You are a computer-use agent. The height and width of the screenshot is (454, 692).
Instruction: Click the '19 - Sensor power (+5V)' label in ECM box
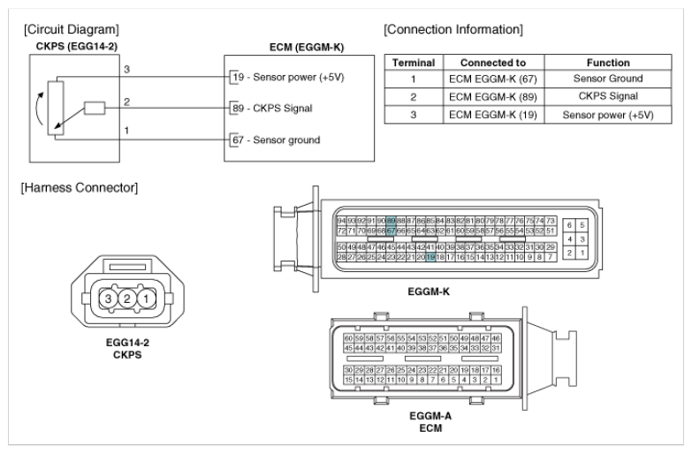point(288,77)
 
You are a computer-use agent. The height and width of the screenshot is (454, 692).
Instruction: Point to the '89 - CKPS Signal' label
point(277,109)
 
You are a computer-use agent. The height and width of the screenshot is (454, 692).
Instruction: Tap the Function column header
point(607,63)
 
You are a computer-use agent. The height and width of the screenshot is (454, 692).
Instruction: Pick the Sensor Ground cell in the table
point(607,80)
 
